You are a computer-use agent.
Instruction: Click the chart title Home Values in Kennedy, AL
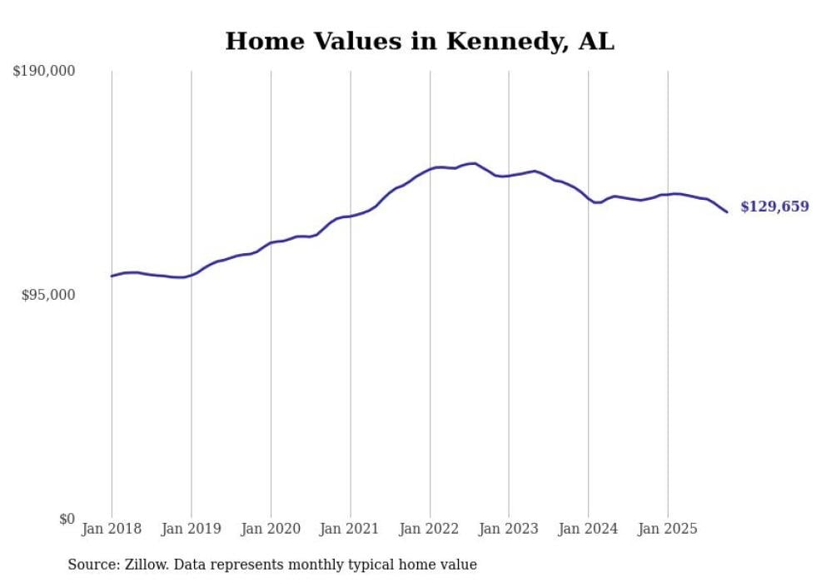point(420,41)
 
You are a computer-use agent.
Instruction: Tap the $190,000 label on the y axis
point(44,72)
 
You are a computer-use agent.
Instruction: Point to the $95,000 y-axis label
point(47,295)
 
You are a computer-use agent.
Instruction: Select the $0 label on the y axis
point(67,519)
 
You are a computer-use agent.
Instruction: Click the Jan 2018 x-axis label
point(112,529)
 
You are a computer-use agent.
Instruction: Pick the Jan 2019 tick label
point(191,529)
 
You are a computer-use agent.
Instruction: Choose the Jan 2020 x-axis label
point(271,529)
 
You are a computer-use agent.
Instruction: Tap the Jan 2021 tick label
point(350,529)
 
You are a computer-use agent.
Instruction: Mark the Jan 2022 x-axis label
point(430,529)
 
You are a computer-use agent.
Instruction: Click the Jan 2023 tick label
point(509,529)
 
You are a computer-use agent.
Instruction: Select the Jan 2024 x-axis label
point(589,529)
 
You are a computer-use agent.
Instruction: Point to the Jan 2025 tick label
point(668,529)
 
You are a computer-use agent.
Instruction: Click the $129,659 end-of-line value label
point(774,206)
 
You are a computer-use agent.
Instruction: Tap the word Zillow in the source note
point(145,565)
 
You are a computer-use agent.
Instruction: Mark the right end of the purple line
point(727,211)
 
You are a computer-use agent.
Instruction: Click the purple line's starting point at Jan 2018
point(112,276)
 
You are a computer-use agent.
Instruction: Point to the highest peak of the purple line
point(474,163)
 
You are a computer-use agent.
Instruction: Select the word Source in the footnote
point(91,565)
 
